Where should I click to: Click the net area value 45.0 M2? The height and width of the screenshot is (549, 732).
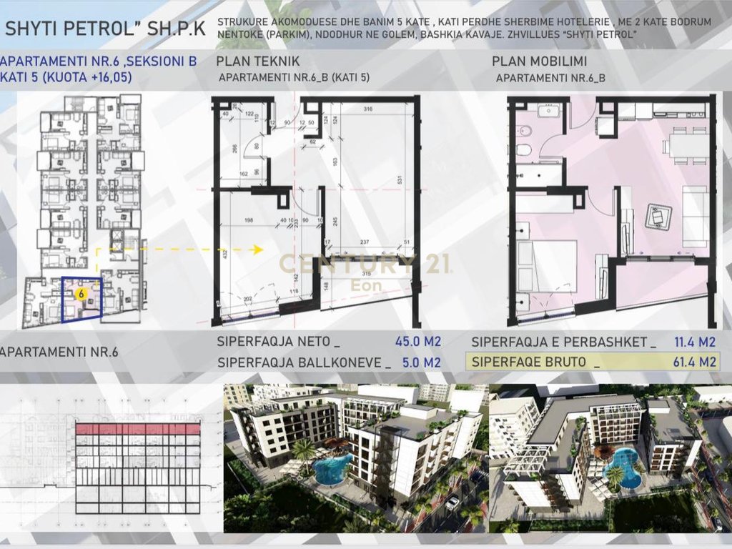click(x=417, y=342)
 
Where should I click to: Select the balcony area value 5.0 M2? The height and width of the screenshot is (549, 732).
click(x=421, y=362)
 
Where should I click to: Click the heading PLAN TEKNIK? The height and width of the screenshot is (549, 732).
click(x=258, y=61)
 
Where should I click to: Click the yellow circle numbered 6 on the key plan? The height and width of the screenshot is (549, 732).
click(x=81, y=293)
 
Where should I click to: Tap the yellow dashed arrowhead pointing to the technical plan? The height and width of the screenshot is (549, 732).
click(x=258, y=249)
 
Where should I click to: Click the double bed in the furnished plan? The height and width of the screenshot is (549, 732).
click(x=548, y=264)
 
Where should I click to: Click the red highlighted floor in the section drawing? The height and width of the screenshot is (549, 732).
click(x=138, y=429)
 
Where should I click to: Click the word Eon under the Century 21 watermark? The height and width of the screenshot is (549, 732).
click(x=365, y=285)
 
